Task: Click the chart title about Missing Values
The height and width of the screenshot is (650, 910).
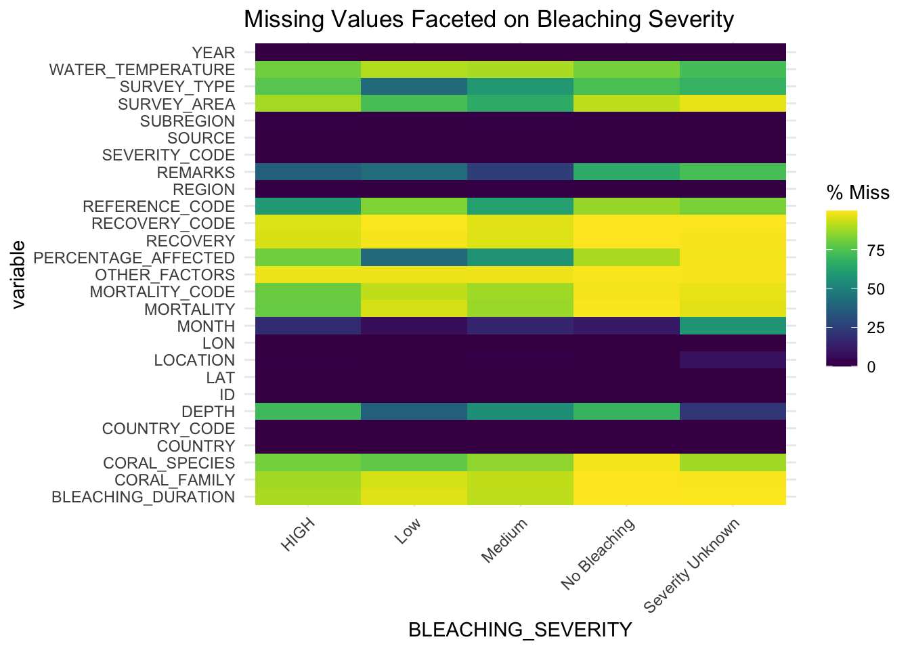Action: (488, 19)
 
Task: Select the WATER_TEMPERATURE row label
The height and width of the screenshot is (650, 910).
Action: (142, 70)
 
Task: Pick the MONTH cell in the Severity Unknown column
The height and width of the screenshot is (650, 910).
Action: (733, 326)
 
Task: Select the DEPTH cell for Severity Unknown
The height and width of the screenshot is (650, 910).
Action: (733, 412)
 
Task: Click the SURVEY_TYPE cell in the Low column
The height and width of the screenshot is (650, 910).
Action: (414, 87)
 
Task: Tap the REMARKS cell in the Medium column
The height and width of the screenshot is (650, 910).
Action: (521, 172)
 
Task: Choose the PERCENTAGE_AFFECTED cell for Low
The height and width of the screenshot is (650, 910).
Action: (414, 258)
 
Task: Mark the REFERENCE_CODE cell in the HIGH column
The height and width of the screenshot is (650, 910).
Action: (308, 207)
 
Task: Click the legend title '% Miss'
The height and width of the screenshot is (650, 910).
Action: (858, 194)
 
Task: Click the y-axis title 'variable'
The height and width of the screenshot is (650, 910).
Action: (18, 274)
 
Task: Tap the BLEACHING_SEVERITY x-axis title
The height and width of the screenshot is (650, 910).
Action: (520, 630)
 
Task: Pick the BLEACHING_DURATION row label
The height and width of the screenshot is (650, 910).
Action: (143, 497)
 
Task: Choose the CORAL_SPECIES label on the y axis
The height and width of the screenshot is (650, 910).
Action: (169, 463)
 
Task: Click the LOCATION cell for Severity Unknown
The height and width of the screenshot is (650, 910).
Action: (733, 360)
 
